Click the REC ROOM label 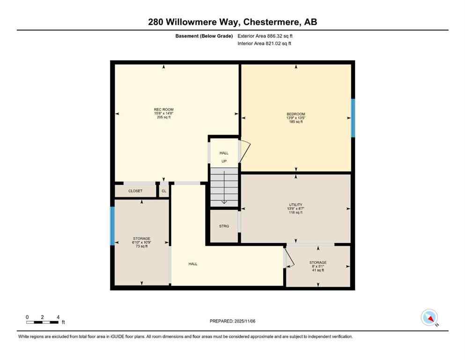pos(164,110)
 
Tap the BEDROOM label pos(295,114)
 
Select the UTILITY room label pos(295,204)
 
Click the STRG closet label pos(224,226)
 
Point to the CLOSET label pos(135,191)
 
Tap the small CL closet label pos(163,191)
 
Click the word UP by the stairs pos(224,161)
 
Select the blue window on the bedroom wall pos(353,118)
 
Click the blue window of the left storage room pos(112,226)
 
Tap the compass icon pos(429,317)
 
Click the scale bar pos(43,322)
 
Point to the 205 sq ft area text pos(164,117)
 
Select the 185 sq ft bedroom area pos(295,121)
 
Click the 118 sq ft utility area pos(295,212)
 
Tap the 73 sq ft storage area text pos(141,246)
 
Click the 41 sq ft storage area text pos(317,270)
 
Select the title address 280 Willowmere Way pos(232,22)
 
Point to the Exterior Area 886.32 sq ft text pos(266,36)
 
